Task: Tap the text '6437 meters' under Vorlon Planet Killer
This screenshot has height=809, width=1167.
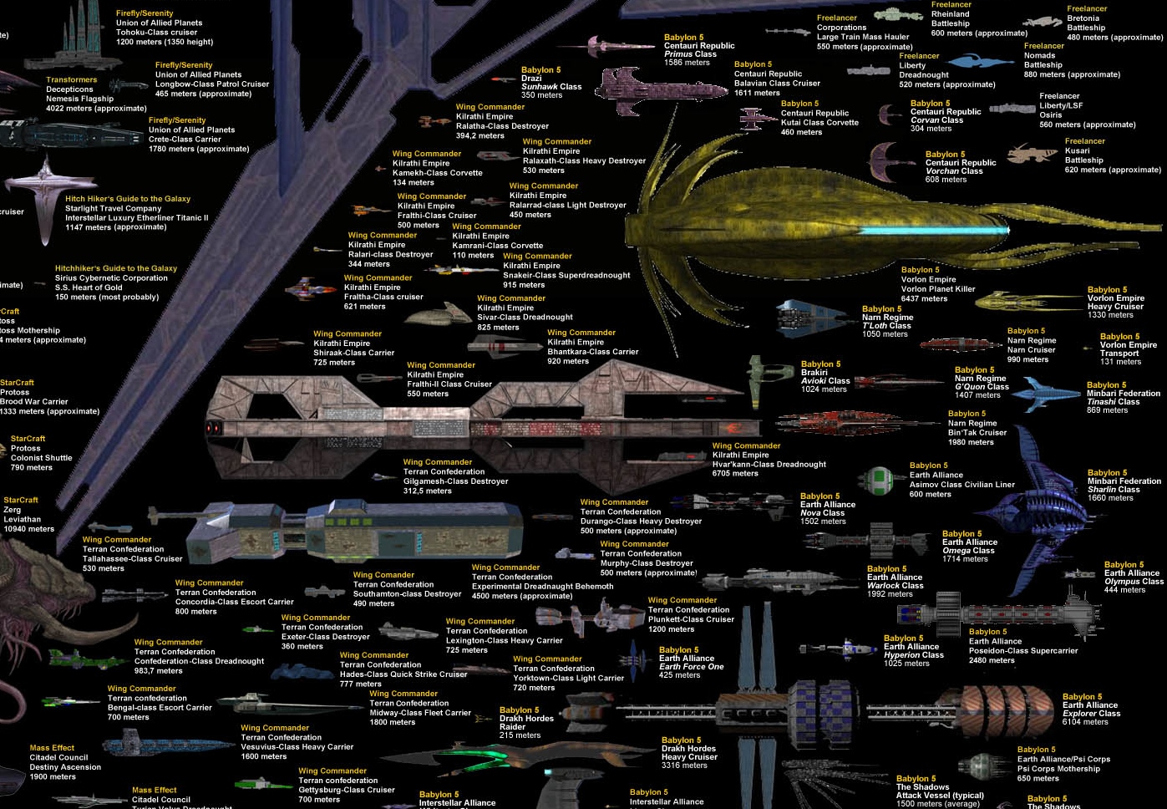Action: [x=924, y=298]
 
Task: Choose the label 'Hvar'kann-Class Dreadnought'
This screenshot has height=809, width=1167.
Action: [x=769, y=465]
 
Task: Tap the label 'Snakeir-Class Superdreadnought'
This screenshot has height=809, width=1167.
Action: [x=566, y=275]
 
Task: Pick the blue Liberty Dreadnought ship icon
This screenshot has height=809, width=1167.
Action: [x=979, y=61]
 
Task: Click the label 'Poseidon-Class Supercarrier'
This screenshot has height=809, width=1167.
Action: [x=1022, y=651]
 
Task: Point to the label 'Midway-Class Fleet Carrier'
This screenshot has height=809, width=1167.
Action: [x=420, y=713]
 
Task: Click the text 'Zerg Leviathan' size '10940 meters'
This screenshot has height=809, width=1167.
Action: [x=28, y=529]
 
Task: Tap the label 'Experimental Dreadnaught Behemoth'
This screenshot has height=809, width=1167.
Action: [x=542, y=587]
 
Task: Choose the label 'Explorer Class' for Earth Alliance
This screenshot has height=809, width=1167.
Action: [x=1091, y=714]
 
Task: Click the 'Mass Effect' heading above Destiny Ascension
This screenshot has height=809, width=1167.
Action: [x=52, y=748]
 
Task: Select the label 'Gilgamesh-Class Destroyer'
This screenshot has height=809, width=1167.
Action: [x=455, y=481]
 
